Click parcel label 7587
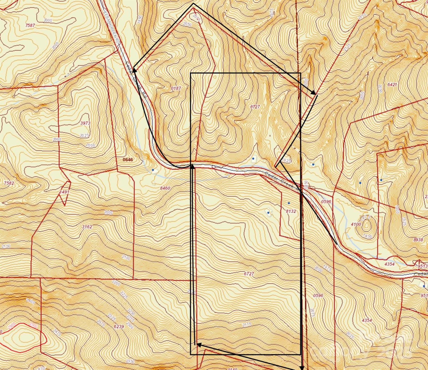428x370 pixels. [30, 25]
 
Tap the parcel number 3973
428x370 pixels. [85, 123]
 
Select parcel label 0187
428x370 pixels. [176, 88]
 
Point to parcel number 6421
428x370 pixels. [392, 85]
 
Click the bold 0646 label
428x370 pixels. [128, 160]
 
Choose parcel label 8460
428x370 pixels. [165, 188]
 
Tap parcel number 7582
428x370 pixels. [9, 183]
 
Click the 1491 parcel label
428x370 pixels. [64, 192]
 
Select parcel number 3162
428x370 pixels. [87, 227]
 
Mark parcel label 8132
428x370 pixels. [291, 211]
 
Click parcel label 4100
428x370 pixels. [356, 224]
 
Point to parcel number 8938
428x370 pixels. [418, 239]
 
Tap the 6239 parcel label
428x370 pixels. [119, 327]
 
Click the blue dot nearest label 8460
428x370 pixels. [153, 170]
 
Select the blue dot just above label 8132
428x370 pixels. [289, 203]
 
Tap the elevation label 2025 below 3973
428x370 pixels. [84, 135]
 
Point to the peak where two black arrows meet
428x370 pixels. [193, 4]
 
